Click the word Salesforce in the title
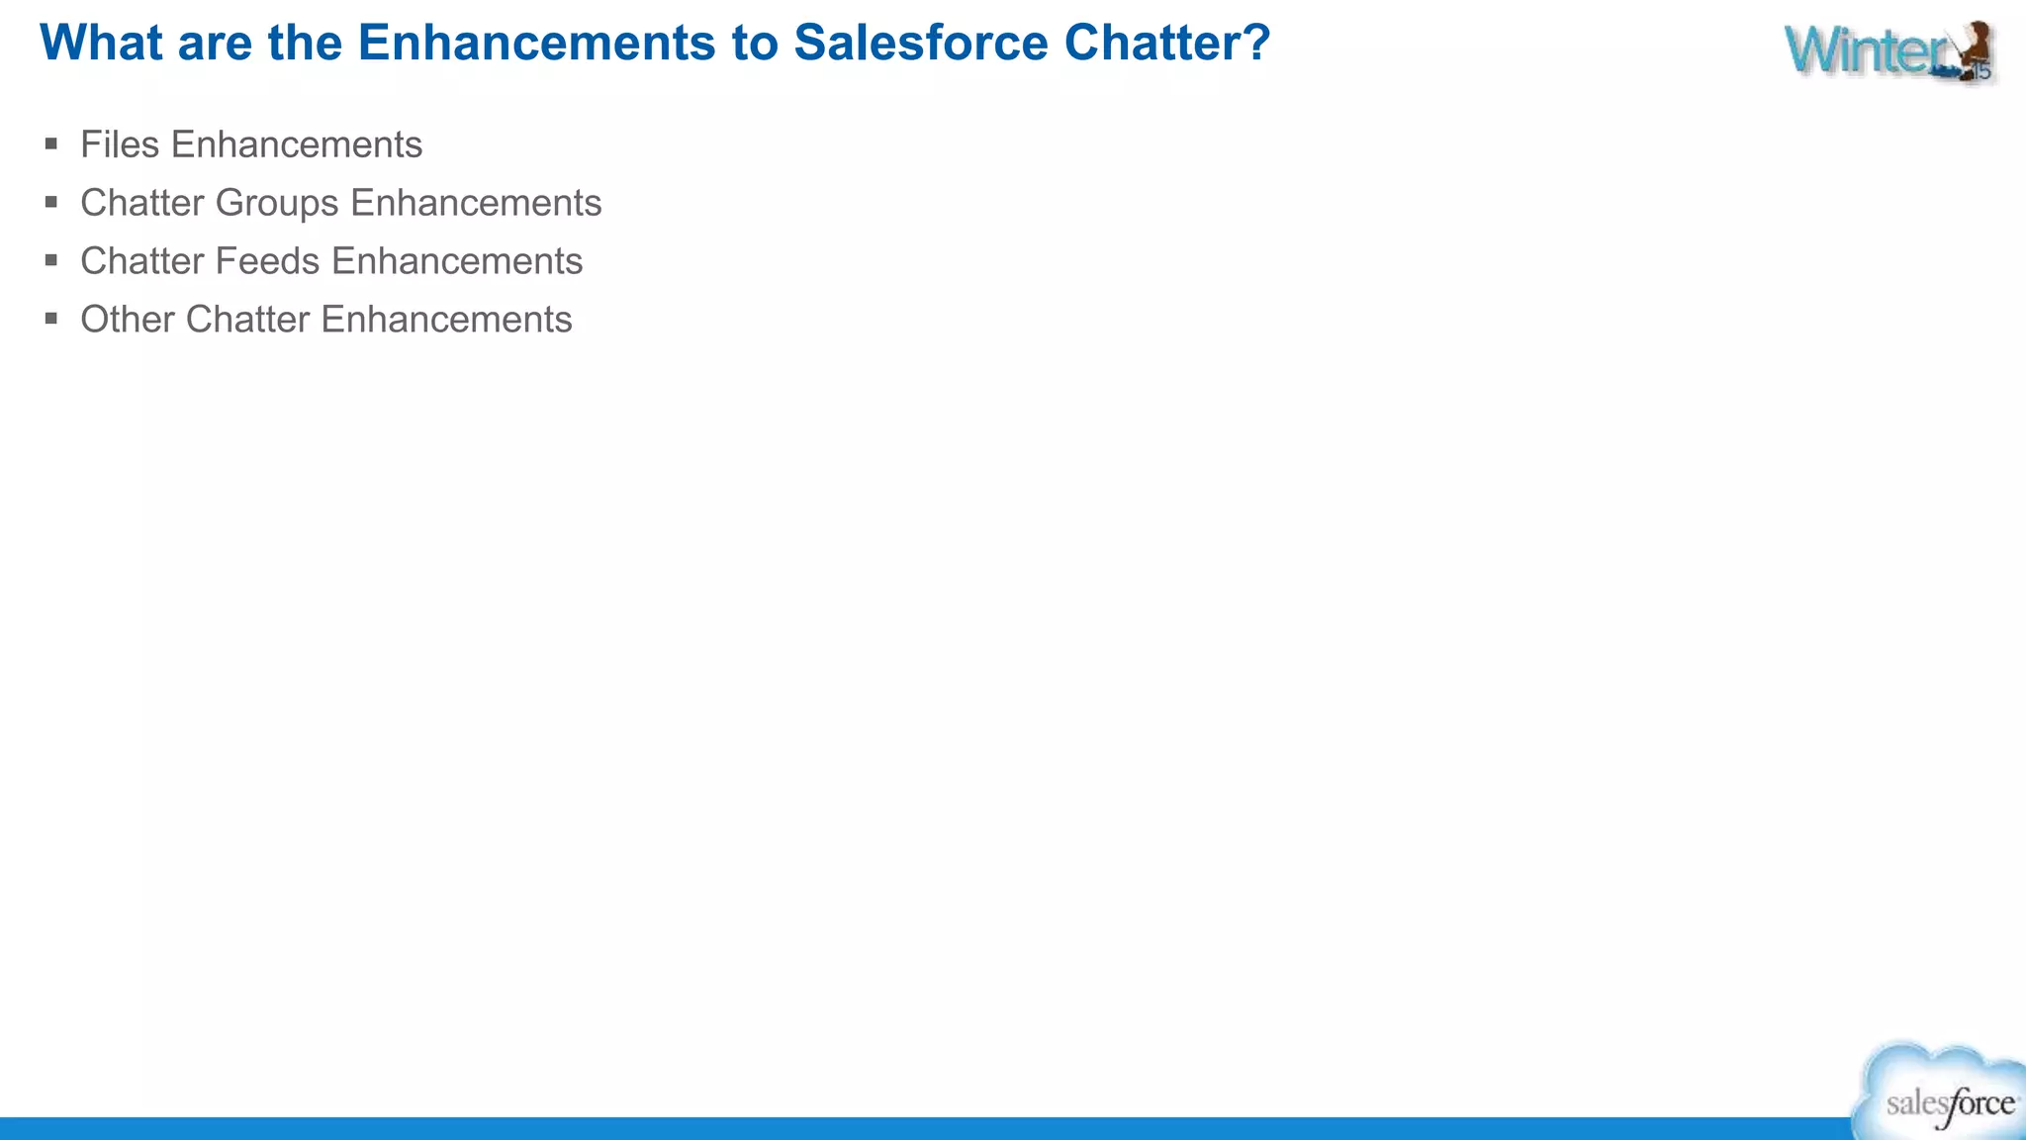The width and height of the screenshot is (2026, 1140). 920,44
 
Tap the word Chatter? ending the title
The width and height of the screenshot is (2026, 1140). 1166,44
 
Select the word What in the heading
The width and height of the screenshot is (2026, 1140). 101,44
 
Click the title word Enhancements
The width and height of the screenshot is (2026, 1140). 536,44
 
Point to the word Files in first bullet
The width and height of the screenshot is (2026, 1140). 119,144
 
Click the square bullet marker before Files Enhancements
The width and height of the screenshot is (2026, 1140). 51,144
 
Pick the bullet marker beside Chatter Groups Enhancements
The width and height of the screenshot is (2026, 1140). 51,203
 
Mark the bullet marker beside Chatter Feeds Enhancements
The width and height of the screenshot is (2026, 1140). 51,261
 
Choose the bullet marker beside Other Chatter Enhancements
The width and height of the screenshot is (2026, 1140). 51,320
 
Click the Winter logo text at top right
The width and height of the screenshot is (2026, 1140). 1860,51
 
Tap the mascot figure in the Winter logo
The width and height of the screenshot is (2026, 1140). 1971,49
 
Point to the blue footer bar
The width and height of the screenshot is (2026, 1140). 890,1128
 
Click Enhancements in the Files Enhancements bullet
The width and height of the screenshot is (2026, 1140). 297,144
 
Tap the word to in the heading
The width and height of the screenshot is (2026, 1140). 756,44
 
